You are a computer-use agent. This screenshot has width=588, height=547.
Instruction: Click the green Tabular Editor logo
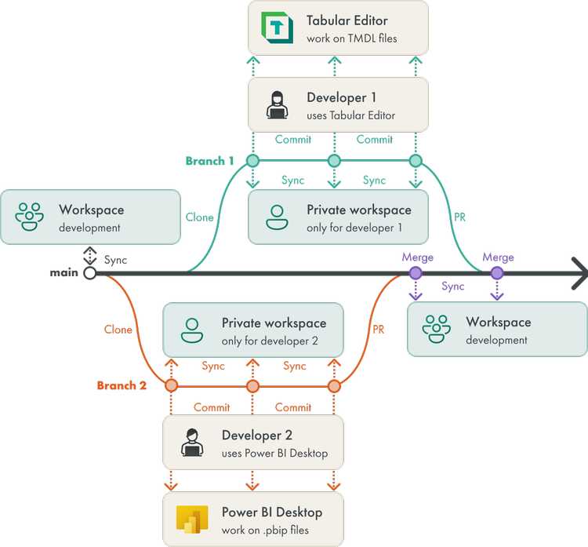(x=277, y=27)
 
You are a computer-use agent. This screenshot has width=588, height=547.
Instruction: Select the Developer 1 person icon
(x=277, y=105)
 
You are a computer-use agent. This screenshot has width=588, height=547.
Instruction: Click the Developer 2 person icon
(x=192, y=443)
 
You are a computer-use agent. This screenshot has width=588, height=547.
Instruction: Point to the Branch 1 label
(x=209, y=161)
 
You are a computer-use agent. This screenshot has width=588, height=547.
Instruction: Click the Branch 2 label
(x=122, y=385)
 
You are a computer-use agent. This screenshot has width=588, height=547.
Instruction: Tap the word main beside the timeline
(x=64, y=272)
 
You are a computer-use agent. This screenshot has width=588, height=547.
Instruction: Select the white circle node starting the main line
(x=90, y=273)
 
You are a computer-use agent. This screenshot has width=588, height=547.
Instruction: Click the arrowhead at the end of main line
(x=579, y=273)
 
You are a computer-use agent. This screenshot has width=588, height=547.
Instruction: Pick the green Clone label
(x=200, y=217)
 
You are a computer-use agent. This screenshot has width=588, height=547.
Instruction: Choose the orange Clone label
(x=118, y=330)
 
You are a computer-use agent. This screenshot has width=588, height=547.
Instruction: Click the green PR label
(x=461, y=216)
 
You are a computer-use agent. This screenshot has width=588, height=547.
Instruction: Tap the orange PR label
(x=379, y=330)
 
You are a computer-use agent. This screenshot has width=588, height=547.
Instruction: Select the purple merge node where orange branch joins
(x=416, y=273)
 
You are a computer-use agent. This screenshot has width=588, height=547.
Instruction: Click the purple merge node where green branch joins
(x=497, y=273)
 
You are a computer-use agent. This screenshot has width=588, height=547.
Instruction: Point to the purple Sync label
(x=453, y=286)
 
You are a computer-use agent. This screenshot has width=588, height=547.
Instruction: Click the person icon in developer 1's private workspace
(x=277, y=217)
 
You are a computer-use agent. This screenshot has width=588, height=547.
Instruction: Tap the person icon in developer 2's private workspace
(x=192, y=330)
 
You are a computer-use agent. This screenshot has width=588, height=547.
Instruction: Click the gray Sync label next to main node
(x=115, y=260)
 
